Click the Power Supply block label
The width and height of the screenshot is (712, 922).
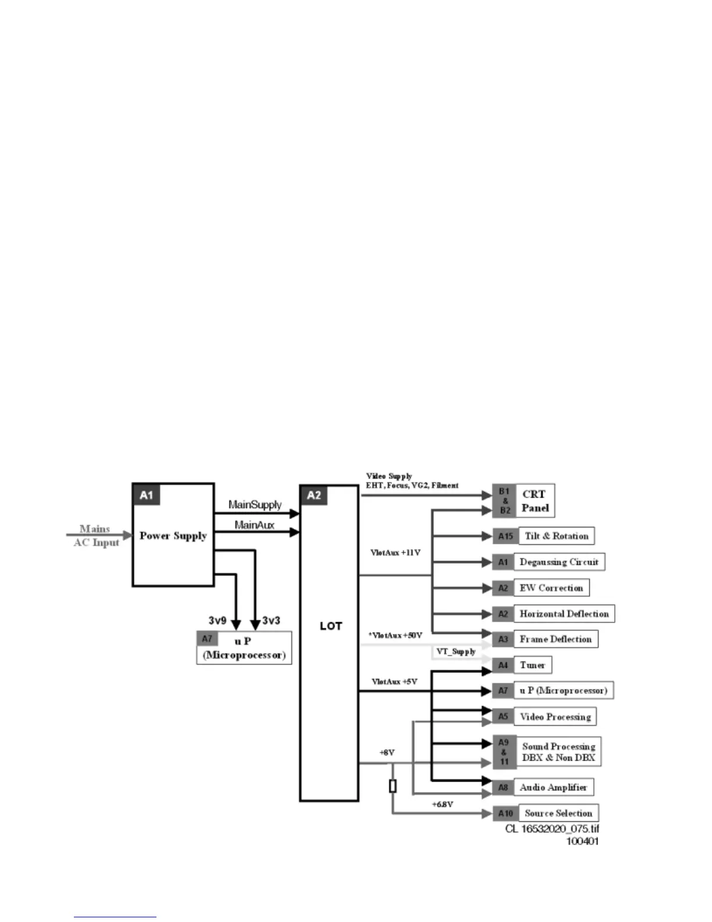coord(173,536)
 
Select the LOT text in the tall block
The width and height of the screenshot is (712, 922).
coord(330,626)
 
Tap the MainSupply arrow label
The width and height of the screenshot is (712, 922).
coord(255,505)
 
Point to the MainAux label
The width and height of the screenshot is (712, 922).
coord(254,525)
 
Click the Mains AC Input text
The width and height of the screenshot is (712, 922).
coord(96,536)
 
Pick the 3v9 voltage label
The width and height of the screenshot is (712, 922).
coord(217,620)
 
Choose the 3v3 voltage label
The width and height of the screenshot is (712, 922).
coord(271,620)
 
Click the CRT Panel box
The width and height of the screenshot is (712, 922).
coord(535,501)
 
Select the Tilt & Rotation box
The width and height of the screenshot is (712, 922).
coord(557,536)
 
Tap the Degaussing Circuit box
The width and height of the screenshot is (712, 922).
coord(559,562)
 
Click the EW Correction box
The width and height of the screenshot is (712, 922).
coord(551,588)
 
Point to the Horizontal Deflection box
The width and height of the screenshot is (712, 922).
coord(564,614)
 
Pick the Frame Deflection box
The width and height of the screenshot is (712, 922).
coord(556,639)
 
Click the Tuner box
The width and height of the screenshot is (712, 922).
coord(532,665)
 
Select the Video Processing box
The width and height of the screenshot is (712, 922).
coord(555,717)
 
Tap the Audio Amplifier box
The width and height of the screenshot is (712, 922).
coord(553,788)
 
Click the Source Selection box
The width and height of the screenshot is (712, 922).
coord(558,813)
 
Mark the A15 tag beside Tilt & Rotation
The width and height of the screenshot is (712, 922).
coord(505,536)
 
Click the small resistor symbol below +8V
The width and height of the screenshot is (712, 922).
coord(393,786)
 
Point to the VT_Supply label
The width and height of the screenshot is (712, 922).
coord(456,651)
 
